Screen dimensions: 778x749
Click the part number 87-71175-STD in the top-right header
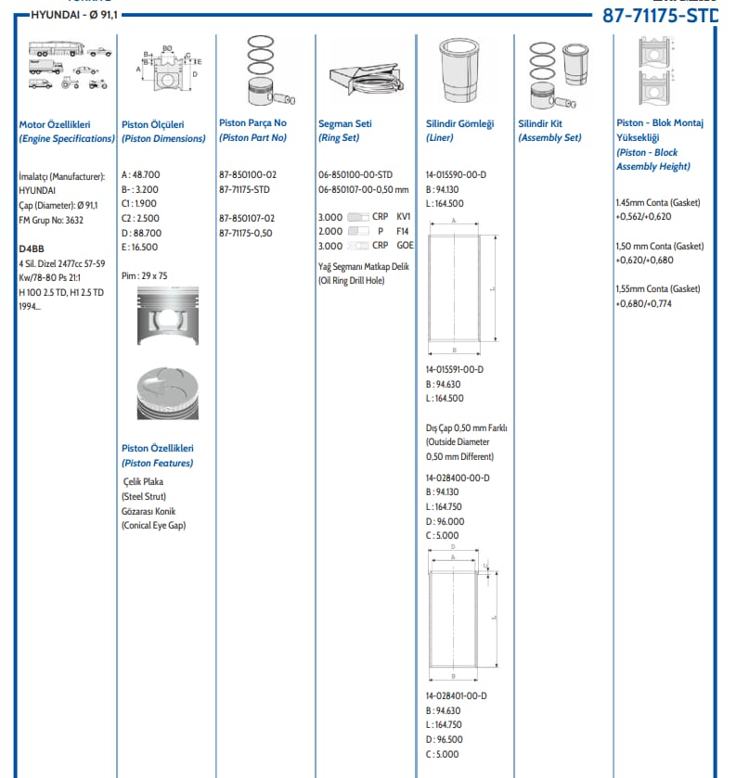tap(660, 15)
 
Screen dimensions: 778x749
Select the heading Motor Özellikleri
tap(54, 123)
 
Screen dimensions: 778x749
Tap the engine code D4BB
tap(32, 249)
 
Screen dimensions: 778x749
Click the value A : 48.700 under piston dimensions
tap(140, 174)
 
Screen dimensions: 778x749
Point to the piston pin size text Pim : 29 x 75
tap(145, 275)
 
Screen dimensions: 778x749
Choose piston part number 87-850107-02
tap(248, 218)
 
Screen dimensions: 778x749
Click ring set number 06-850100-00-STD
tap(355, 174)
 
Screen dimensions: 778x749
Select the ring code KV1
tap(403, 216)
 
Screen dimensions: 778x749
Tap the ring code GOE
tap(405, 246)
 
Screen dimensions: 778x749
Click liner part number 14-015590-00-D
tap(456, 174)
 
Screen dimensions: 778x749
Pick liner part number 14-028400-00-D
tap(458, 478)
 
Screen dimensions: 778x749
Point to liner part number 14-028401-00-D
tap(456, 695)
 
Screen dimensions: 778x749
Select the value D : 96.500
tap(445, 739)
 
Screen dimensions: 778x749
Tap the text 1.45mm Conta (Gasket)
tap(657, 202)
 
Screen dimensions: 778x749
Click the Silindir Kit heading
tap(540, 123)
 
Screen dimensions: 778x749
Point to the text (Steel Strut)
tap(145, 496)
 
